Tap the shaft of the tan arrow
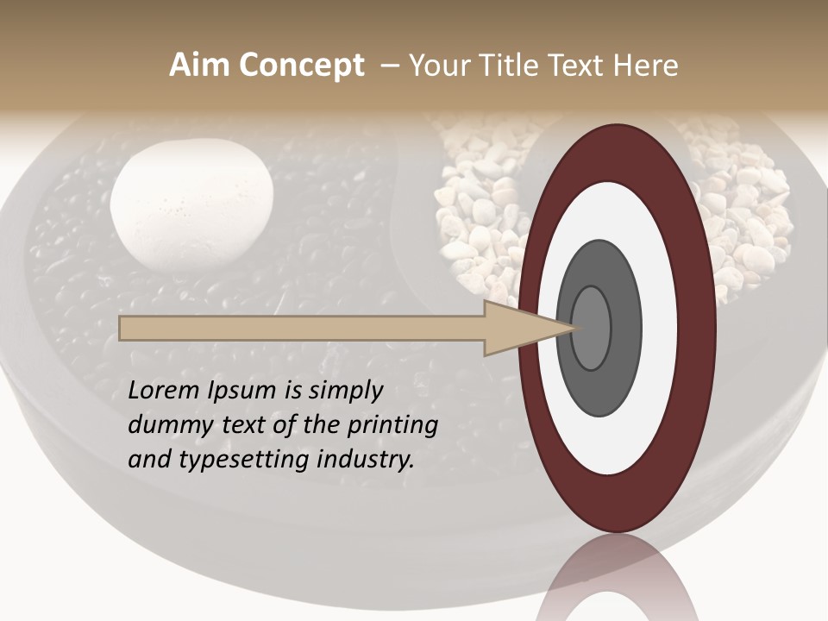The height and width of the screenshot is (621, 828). [302, 329]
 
